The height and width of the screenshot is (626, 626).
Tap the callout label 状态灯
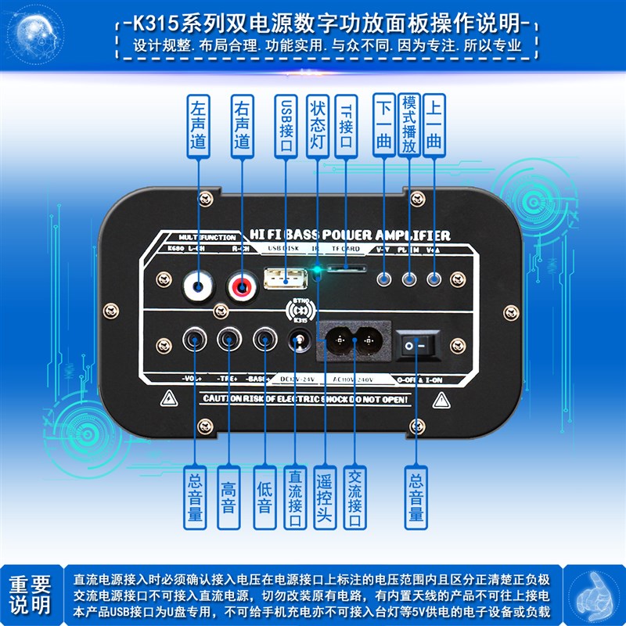[x=317, y=124]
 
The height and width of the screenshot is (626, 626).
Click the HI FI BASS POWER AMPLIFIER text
[x=348, y=235]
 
